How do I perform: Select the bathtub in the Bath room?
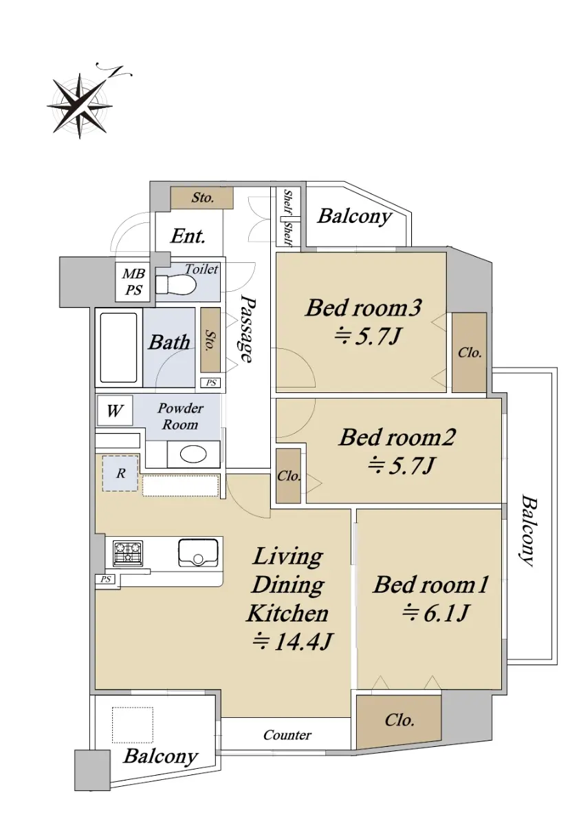coord(119,348)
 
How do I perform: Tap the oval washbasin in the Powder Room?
coord(193,455)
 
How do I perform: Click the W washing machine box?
coord(115,410)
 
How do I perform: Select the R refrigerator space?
coord(120,474)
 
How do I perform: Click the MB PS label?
coord(134,282)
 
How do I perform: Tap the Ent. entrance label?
coord(188,236)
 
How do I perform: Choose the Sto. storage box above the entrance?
coord(202,198)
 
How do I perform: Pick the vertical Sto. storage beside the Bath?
coord(210,339)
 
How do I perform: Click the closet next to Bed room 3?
coord(470,352)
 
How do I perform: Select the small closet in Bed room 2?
coord(289,476)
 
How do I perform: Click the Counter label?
coord(287,735)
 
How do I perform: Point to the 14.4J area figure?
coord(293,642)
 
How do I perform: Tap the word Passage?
coord(246,329)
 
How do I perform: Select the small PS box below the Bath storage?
coord(210,383)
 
